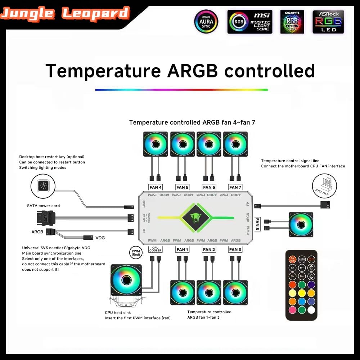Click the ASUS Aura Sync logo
coord(206,22)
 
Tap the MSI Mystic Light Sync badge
coord(250,22)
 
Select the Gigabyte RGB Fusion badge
coord(292,22)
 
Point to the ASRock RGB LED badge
coord(328,22)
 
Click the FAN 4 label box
coord(156,187)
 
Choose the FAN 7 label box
coord(235,187)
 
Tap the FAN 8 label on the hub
coord(258,224)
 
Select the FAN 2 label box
coord(209,249)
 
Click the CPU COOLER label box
coord(155,249)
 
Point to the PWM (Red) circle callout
coord(135,252)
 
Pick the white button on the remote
coord(311,310)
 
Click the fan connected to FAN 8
coord(301,224)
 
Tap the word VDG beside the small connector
coord(100,238)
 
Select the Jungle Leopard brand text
coord(65,14)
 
